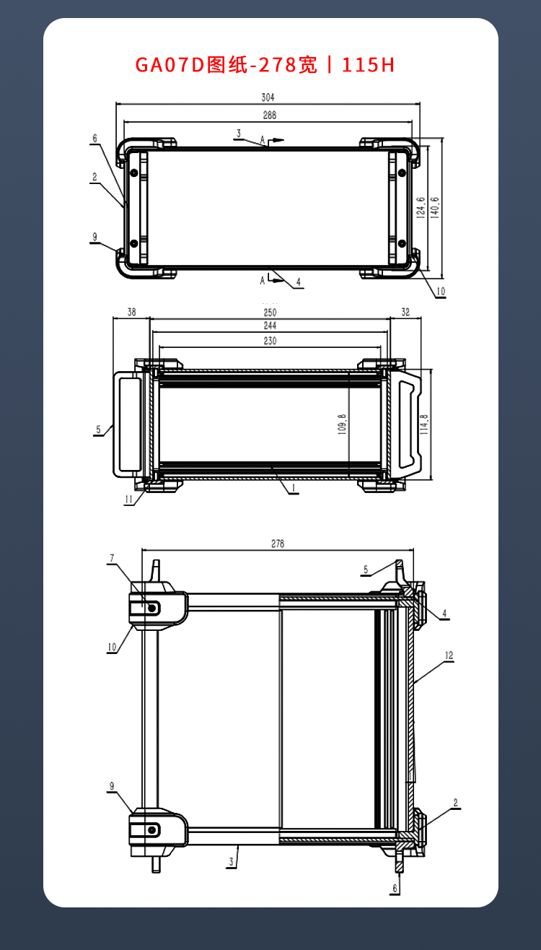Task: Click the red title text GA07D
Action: [170, 65]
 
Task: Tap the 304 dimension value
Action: [268, 97]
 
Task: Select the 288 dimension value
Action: [270, 116]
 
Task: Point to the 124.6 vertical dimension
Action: [421, 208]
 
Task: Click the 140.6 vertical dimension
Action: [435, 208]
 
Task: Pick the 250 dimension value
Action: [270, 313]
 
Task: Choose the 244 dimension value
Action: [270, 326]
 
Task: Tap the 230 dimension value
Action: [270, 341]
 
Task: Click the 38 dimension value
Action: [132, 312]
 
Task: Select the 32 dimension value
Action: [405, 312]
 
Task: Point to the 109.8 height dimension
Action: [343, 424]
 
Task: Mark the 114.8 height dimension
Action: [424, 424]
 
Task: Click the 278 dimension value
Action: [278, 544]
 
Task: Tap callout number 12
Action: [449, 655]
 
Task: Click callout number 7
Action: [112, 558]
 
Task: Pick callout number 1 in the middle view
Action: [293, 489]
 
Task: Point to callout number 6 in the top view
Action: [95, 139]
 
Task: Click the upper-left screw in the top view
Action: [134, 173]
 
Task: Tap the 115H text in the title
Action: [368, 65]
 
